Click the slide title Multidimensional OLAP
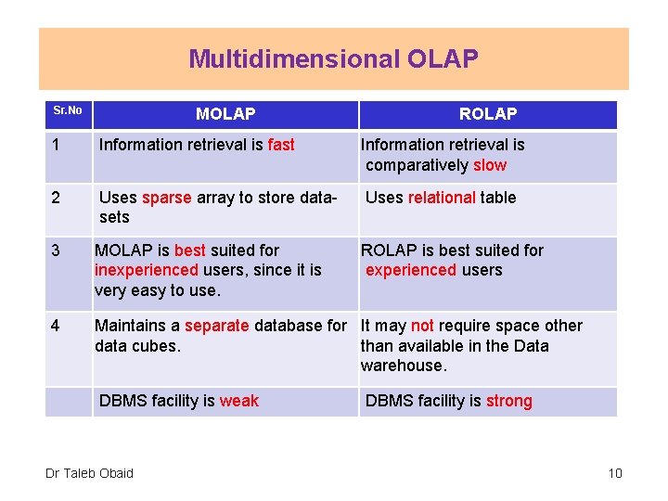click(334, 59)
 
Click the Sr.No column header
click(67, 111)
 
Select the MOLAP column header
click(225, 114)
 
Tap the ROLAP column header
click(488, 114)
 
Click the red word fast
click(281, 145)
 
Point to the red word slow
click(490, 165)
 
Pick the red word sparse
click(166, 198)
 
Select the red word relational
click(442, 198)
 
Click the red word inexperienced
click(147, 270)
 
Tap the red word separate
click(217, 326)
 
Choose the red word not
click(422, 326)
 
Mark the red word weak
click(239, 401)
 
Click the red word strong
click(509, 401)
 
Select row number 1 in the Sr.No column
click(57, 145)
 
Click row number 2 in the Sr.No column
click(57, 198)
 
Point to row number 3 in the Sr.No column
click(57, 250)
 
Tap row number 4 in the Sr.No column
click(57, 326)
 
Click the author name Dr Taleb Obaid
click(89, 473)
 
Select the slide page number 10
click(615, 473)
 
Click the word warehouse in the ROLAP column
click(402, 366)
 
